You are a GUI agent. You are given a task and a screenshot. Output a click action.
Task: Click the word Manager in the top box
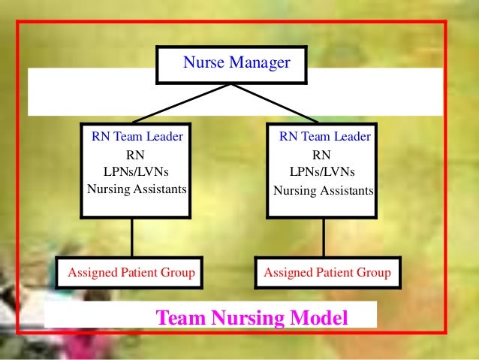[260, 63]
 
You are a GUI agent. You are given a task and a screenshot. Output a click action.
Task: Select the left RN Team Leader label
[137, 137]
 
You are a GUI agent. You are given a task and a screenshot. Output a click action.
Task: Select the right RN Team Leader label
[324, 137]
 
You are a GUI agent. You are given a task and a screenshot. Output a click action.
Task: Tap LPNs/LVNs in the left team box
[136, 171]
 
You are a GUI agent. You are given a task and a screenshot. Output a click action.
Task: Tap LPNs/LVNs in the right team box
[323, 171]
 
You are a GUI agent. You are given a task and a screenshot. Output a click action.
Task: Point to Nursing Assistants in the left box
[137, 189]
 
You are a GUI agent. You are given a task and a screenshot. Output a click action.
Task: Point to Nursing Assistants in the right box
[324, 191]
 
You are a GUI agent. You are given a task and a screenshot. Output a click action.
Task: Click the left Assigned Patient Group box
[132, 272]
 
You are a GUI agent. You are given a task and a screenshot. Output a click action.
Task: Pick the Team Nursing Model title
[252, 318]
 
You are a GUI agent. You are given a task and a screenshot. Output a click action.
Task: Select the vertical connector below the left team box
[132, 237]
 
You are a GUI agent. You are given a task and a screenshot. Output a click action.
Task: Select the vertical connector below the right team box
[324, 237]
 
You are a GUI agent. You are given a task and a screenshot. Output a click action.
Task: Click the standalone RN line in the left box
[136, 154]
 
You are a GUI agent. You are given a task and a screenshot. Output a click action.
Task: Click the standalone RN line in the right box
[321, 155]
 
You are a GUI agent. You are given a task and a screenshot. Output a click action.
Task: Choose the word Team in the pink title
[179, 318]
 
